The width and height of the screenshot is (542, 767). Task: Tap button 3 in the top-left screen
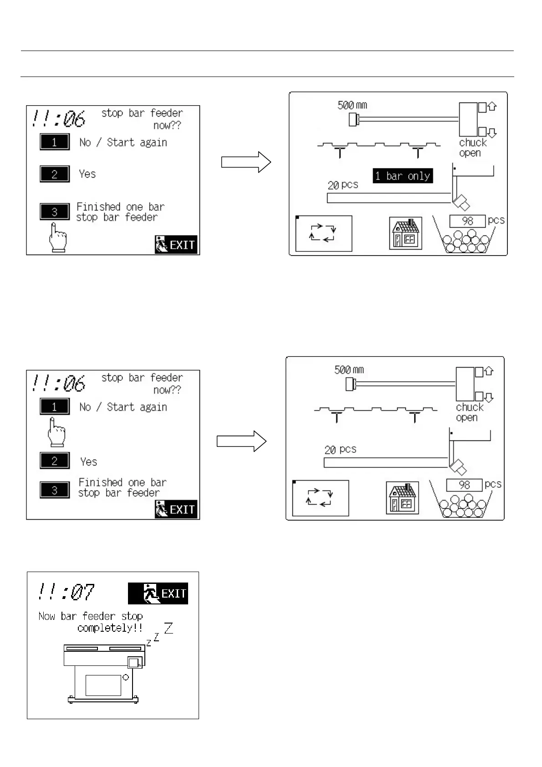(55, 212)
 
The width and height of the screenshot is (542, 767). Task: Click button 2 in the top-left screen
(55, 174)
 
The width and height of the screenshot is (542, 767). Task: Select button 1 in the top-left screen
(55, 142)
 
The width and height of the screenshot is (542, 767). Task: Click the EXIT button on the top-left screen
(176, 245)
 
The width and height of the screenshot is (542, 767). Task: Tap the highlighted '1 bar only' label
(403, 176)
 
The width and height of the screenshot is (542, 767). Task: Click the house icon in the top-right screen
(405, 233)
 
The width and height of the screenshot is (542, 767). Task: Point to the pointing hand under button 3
(57, 238)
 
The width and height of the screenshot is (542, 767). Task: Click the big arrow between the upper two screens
(246, 162)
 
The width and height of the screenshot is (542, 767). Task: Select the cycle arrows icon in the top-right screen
(323, 233)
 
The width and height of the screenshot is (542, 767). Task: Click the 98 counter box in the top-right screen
(467, 221)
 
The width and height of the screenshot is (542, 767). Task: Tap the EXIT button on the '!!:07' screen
(158, 593)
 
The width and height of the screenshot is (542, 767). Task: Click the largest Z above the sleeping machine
(169, 628)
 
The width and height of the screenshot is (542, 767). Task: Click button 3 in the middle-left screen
(55, 490)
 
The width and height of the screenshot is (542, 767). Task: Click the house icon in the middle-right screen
(402, 498)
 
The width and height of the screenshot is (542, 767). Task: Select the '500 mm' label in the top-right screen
(352, 105)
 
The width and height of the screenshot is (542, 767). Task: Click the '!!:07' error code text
(66, 592)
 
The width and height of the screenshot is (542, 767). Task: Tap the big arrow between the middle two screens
(241, 441)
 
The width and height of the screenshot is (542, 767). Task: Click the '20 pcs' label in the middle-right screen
(340, 450)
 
